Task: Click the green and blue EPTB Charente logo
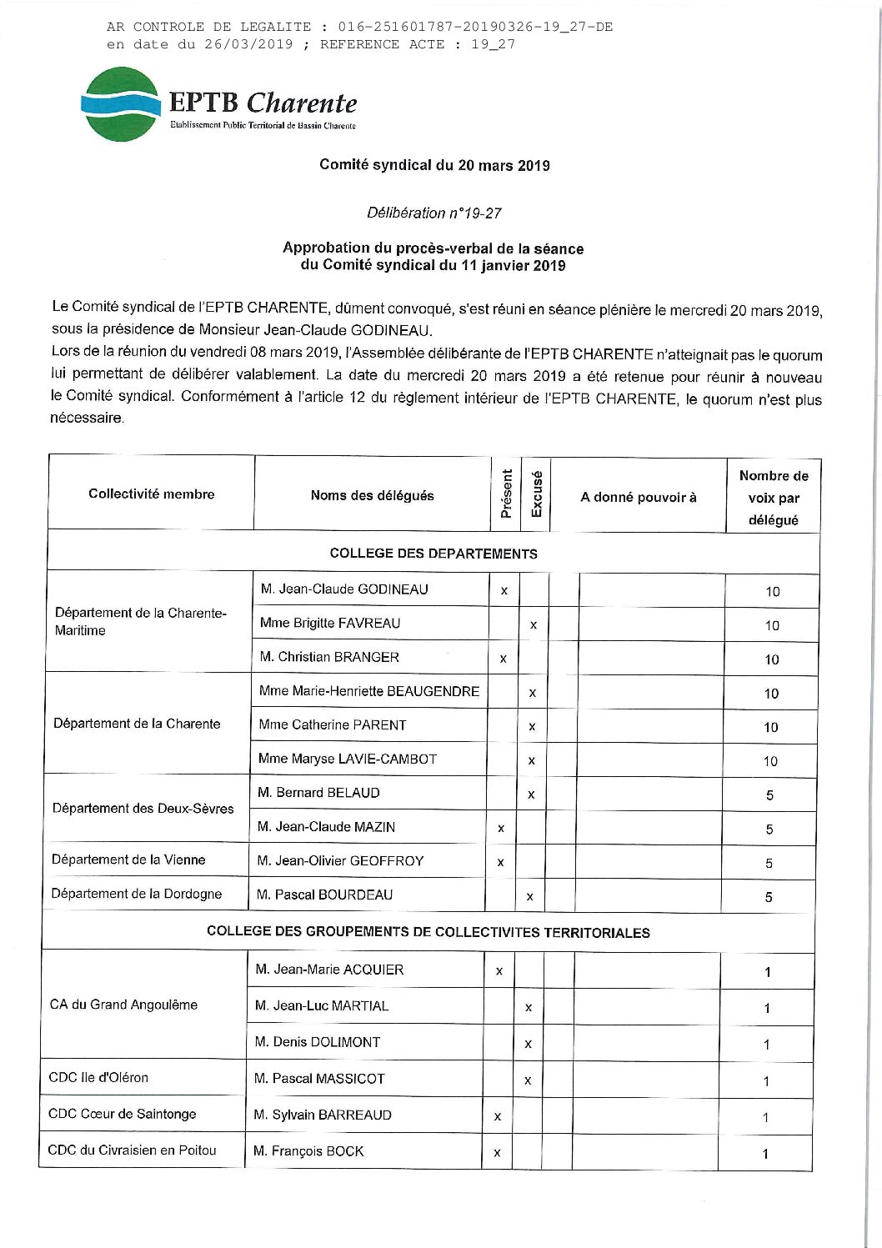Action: click(122, 103)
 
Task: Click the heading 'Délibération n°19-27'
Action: click(433, 213)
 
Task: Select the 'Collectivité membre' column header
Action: click(152, 494)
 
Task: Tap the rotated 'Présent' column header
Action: click(506, 494)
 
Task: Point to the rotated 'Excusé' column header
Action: click(537, 494)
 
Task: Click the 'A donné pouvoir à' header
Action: click(639, 498)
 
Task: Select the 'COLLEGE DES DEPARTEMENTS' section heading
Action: click(433, 553)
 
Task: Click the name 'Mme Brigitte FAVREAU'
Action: click(330, 623)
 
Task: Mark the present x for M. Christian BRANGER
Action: click(503, 659)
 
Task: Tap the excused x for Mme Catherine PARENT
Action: click(532, 727)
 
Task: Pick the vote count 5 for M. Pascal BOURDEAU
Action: click(769, 897)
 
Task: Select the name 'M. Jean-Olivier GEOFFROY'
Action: click(340, 860)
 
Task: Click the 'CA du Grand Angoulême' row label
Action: click(123, 1005)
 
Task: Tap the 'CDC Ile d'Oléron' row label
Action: click(98, 1077)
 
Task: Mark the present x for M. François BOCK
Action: click(497, 1153)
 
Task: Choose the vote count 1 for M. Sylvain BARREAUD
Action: click(765, 1117)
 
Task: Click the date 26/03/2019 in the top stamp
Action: click(248, 44)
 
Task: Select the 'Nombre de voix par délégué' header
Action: click(774, 498)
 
